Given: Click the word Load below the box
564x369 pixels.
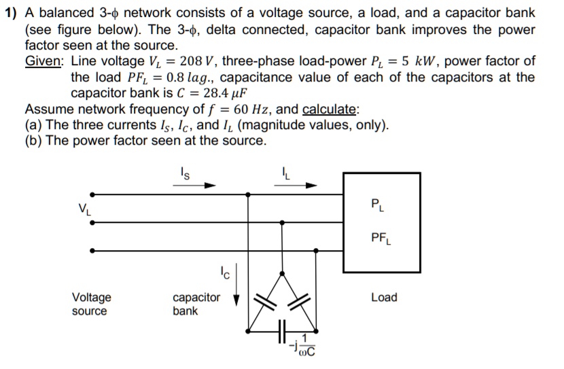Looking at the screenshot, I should (x=384, y=297).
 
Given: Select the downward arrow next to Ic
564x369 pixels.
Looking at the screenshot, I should (x=236, y=292).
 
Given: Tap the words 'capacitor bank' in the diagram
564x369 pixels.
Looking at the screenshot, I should (x=196, y=304).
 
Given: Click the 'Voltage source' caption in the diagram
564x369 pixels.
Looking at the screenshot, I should (x=92, y=304).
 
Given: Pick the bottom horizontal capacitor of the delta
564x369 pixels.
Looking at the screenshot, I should (x=283, y=332).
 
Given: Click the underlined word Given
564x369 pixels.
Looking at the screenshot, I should (x=45, y=61).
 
